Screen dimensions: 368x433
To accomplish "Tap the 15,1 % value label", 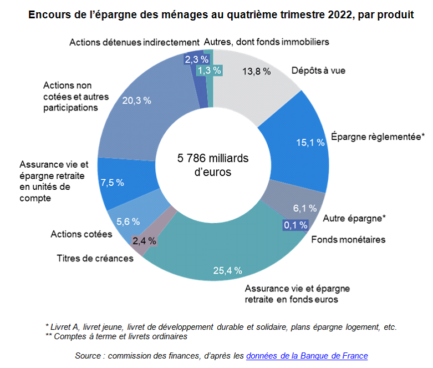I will pyautogui.click(x=310, y=143).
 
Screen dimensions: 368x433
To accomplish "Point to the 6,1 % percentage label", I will pyautogui.click(x=304, y=208).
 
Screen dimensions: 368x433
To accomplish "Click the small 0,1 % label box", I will pyautogui.click(x=296, y=225).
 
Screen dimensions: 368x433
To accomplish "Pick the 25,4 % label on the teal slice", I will pyautogui.click(x=228, y=270).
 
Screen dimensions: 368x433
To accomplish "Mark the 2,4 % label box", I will pyautogui.click(x=144, y=241).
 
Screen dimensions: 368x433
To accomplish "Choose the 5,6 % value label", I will pyautogui.click(x=128, y=221).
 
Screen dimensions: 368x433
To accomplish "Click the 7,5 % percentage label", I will pyautogui.click(x=112, y=182).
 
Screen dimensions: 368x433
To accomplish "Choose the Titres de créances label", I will pyautogui.click(x=95, y=258).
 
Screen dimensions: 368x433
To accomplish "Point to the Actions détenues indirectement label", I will pyautogui.click(x=134, y=42).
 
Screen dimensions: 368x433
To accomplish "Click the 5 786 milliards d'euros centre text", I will pyautogui.click(x=213, y=165).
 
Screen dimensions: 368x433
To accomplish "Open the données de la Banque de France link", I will pyautogui.click(x=307, y=355).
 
